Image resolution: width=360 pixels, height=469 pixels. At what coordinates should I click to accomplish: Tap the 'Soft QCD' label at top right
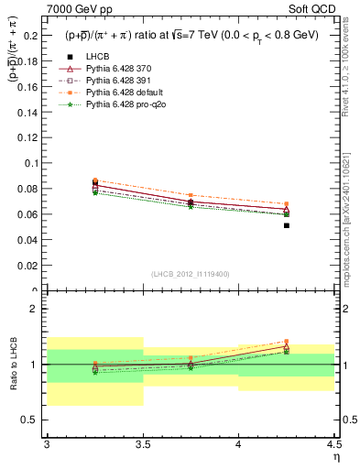coord(313,8)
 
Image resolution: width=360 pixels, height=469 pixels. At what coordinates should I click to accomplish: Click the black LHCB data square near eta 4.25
coord(287,225)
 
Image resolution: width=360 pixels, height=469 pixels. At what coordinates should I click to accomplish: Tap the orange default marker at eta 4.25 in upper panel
coord(287,204)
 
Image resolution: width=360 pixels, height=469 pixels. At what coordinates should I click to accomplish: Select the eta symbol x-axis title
coord(335,457)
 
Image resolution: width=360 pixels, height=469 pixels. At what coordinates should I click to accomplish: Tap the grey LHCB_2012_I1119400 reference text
coord(191,275)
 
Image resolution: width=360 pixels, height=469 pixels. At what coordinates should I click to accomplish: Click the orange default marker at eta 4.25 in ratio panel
coord(287,341)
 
